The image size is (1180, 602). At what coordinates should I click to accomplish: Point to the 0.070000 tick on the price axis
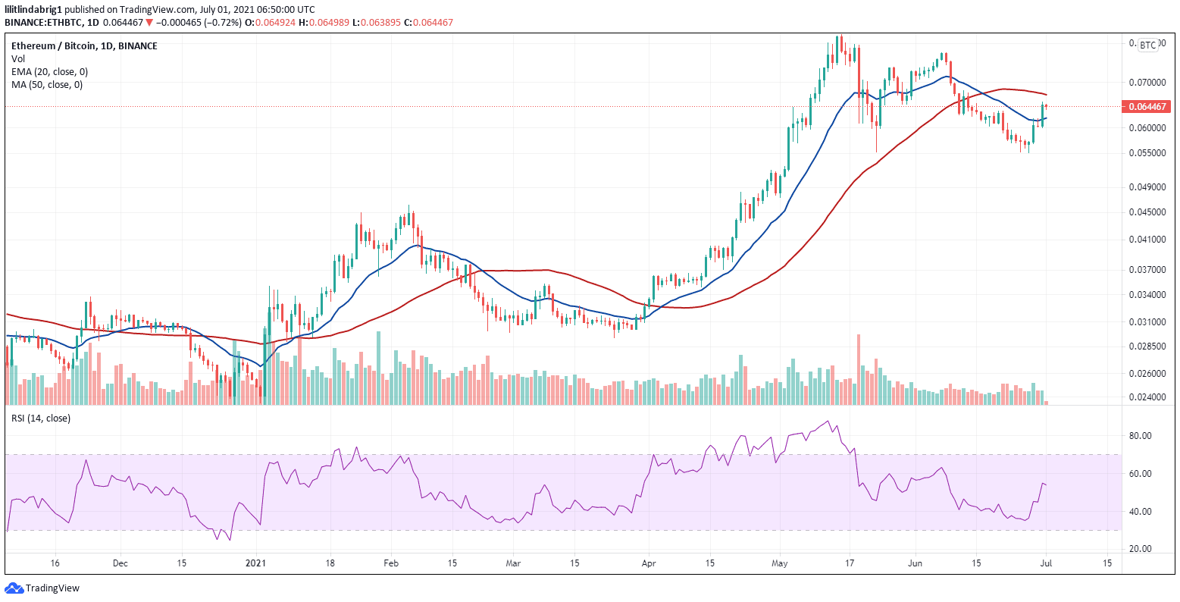1147,82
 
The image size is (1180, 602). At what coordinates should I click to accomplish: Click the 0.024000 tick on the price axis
1147,397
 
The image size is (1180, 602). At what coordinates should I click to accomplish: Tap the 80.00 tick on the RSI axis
1141,436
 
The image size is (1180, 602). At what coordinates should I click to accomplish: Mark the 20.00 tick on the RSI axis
1141,549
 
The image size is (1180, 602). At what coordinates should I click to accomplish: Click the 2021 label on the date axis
257,564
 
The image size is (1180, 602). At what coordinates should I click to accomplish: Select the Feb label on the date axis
390,564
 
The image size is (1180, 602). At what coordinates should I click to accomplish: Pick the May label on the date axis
779,564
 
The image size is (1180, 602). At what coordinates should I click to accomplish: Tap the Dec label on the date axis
119,564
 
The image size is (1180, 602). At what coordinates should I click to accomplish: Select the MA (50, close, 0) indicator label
47,85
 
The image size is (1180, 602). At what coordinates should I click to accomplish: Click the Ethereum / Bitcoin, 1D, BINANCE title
84,46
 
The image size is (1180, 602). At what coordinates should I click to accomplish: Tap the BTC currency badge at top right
1148,45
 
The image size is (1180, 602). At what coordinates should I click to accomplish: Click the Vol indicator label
17,59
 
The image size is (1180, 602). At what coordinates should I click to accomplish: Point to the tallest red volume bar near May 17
859,369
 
